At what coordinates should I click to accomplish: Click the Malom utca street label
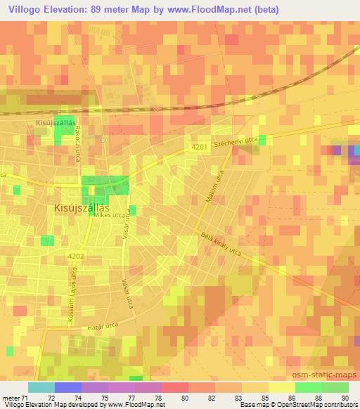216,189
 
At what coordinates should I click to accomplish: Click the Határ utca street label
99,327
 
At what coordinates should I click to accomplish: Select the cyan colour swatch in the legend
41,387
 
